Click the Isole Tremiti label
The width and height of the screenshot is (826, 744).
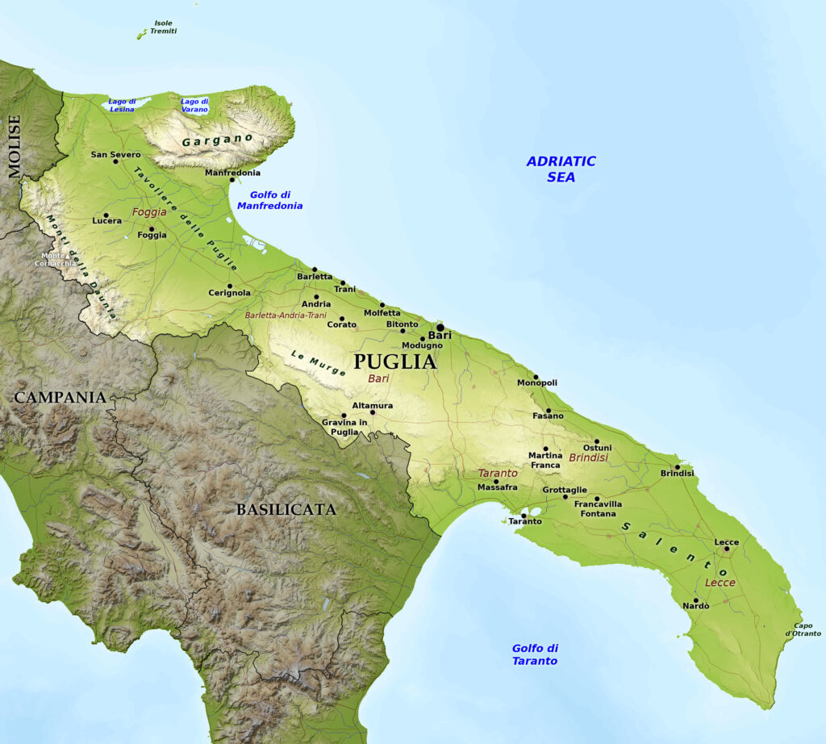(x=162, y=27)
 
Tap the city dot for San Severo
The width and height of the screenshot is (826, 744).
(x=115, y=161)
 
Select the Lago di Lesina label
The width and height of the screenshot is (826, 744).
(x=122, y=105)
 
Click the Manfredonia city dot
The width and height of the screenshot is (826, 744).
(x=232, y=179)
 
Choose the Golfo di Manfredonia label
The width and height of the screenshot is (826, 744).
(x=269, y=200)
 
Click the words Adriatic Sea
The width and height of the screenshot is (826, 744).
(x=561, y=169)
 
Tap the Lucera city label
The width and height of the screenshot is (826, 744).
(x=107, y=220)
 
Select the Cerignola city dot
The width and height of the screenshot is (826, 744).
(x=229, y=286)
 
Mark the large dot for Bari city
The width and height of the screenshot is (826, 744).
(x=440, y=328)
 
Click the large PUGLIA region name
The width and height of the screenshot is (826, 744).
(x=394, y=362)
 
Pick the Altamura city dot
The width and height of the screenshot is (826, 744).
(x=372, y=412)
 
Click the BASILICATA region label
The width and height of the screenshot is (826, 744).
(x=286, y=509)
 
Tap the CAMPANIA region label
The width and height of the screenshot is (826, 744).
(x=60, y=397)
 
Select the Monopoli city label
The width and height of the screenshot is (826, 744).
(x=537, y=382)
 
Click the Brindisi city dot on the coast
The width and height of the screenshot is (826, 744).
(x=678, y=466)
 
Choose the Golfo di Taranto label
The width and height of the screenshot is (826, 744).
(x=534, y=654)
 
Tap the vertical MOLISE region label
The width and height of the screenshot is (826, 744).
(x=15, y=146)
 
